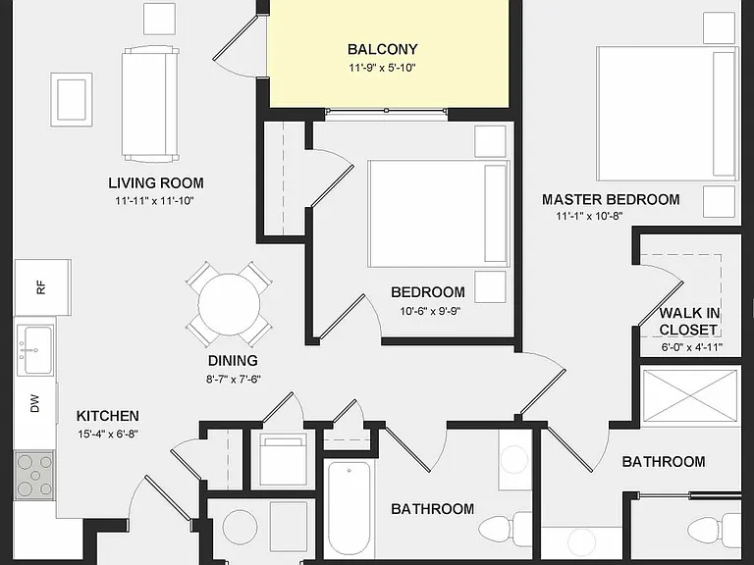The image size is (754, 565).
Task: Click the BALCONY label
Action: point(382,49)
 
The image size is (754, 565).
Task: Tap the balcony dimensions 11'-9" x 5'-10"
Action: point(382,68)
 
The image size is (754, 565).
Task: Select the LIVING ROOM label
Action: point(156,182)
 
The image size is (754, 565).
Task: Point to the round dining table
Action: point(229,304)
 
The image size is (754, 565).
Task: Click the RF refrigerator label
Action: point(41,287)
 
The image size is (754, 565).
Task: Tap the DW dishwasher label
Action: point(34,403)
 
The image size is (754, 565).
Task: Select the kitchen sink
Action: point(35,349)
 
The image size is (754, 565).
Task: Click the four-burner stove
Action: point(34,475)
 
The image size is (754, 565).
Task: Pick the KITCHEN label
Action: point(108,416)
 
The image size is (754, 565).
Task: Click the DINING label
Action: point(233,360)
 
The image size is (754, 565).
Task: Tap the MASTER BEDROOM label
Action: point(611,199)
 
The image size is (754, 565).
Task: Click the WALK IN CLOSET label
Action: point(689,322)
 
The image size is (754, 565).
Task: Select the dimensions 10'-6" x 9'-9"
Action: point(430,311)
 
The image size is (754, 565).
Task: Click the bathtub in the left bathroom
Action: point(349,509)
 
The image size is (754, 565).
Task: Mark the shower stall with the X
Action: point(689,396)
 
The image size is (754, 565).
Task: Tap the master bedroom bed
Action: point(668,114)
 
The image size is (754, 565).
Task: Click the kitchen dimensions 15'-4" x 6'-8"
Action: point(108,435)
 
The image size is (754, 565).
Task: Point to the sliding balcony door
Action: point(386,111)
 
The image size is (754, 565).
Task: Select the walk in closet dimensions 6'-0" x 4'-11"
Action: point(692,347)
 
